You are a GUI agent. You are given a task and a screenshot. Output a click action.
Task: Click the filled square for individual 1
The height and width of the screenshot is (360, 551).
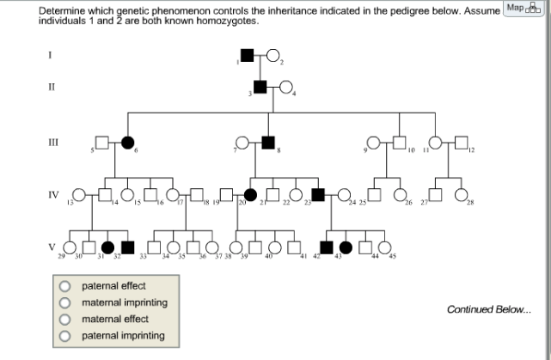pos(247,57)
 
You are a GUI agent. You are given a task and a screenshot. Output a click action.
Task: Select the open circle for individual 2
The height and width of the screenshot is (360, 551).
pos(272,57)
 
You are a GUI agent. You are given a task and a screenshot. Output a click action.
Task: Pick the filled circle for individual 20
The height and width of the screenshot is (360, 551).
pos(251,195)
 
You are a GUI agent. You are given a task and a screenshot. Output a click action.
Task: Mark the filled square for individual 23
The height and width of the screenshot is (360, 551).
pos(317,195)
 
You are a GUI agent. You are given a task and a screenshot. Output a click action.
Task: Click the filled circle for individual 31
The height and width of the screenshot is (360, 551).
pos(109,247)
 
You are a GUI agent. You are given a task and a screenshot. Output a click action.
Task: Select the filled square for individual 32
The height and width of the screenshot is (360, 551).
pos(128,247)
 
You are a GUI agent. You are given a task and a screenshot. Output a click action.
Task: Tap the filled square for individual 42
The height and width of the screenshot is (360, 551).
pos(326,247)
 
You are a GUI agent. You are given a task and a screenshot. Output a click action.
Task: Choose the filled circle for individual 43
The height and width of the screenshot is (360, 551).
pos(346,247)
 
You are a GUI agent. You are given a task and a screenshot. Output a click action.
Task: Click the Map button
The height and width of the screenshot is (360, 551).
pos(527,9)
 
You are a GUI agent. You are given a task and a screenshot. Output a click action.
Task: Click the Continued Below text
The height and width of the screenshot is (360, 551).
pos(488,309)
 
